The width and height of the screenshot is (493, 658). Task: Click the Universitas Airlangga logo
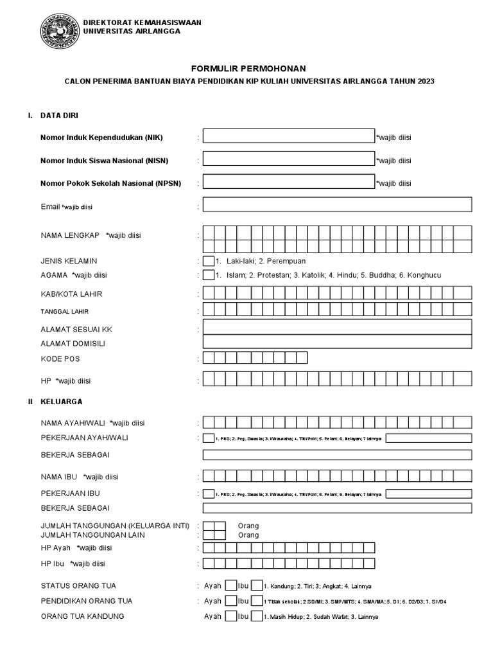point(58,30)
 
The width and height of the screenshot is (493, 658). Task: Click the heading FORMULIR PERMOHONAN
point(248,69)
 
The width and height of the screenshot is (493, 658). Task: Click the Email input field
point(338,205)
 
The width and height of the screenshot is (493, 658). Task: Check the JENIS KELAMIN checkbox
point(209,262)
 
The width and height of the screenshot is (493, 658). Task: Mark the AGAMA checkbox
point(209,276)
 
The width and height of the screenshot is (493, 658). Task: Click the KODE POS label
point(60,359)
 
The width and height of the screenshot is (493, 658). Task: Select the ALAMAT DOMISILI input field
point(338,342)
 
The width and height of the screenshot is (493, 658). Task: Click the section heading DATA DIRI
point(60,116)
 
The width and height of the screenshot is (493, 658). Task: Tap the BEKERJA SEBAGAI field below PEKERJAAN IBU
point(338,508)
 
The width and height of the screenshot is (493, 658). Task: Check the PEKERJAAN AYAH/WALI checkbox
point(209,439)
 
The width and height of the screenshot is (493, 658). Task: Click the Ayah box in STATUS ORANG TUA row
point(230,586)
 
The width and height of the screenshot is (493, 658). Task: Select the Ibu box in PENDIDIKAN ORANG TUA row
point(257,601)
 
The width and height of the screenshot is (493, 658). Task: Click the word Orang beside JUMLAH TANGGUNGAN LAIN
point(248,535)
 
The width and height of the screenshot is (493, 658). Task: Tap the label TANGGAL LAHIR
point(65,311)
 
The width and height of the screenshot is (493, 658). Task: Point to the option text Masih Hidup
point(285,617)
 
